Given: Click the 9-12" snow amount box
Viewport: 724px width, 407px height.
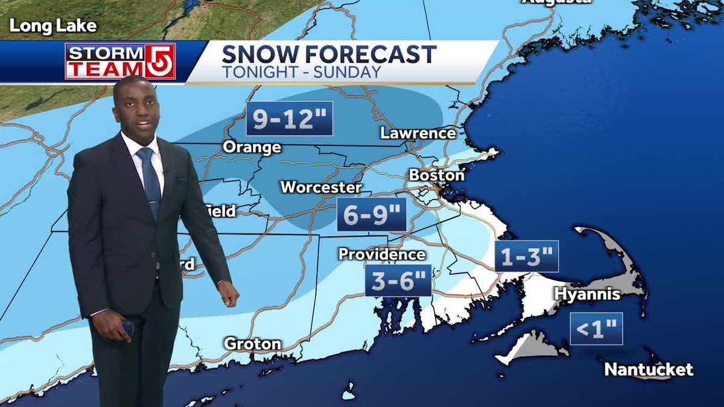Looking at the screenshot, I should click(x=290, y=118).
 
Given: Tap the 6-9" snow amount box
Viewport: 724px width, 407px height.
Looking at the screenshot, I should click(x=371, y=214).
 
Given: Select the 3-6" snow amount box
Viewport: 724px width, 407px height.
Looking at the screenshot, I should click(x=398, y=280).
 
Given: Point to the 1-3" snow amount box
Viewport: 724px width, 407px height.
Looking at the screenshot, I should click(x=527, y=256).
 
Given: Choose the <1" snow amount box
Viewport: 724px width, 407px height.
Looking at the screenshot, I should click(x=596, y=329).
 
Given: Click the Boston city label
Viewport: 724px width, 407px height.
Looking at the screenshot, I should click(x=437, y=175).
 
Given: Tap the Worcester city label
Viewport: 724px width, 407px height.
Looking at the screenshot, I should click(x=320, y=187).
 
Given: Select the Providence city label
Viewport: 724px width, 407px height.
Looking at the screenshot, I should click(x=381, y=254).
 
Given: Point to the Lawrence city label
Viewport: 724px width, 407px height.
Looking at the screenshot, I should click(x=418, y=133).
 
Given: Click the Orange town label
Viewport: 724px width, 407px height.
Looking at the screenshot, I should click(x=252, y=147).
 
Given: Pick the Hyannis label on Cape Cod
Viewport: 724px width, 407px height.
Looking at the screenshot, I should click(x=587, y=294).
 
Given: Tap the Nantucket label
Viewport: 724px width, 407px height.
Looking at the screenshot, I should click(x=649, y=369).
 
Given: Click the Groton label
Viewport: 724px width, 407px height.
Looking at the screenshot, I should click(x=252, y=344).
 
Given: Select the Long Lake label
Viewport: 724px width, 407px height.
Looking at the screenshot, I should click(x=53, y=26).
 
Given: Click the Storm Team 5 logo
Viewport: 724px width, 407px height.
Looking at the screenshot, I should click(x=121, y=62).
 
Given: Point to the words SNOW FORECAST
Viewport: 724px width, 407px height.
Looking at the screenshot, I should click(x=329, y=54).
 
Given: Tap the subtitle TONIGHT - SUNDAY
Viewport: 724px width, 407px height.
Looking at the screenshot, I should click(x=301, y=72).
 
